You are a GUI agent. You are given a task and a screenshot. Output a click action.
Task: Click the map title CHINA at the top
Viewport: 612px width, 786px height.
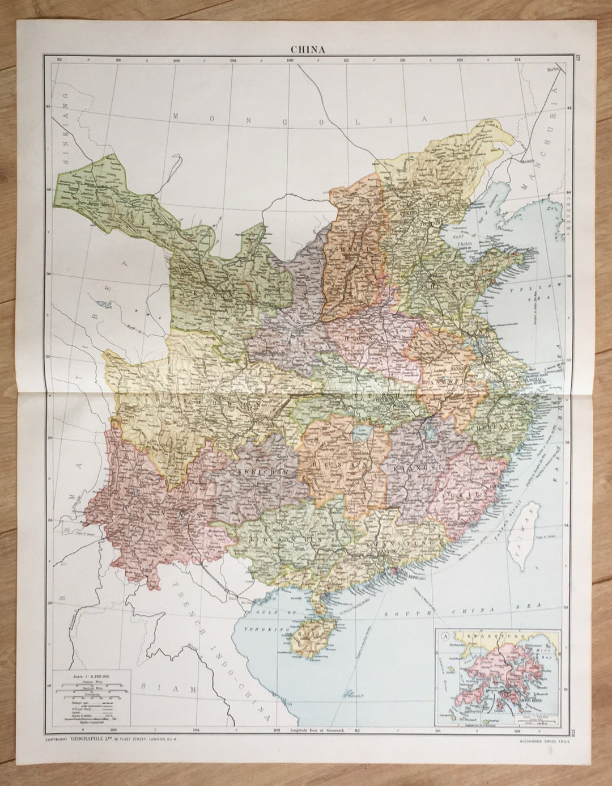tap(308, 49)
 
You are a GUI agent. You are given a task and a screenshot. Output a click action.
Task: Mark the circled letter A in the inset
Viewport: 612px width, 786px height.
tap(445, 636)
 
